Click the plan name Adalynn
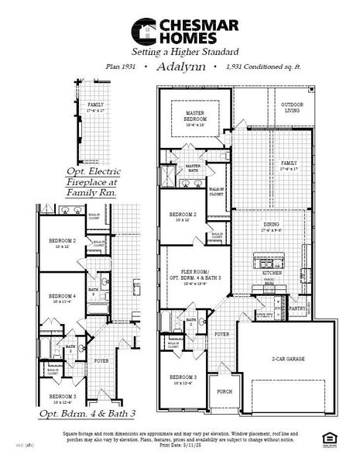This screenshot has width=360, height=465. [x=180, y=67]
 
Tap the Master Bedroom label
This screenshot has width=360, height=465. [x=194, y=115]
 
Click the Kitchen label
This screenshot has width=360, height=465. [x=271, y=274]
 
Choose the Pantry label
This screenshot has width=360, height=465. [x=297, y=308]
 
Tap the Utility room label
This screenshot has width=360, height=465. [x=264, y=315]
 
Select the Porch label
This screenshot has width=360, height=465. [x=225, y=391]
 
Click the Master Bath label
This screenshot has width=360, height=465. [x=193, y=167]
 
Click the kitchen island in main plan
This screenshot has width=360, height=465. [x=262, y=259]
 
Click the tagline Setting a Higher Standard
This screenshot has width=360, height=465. [x=180, y=51]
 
